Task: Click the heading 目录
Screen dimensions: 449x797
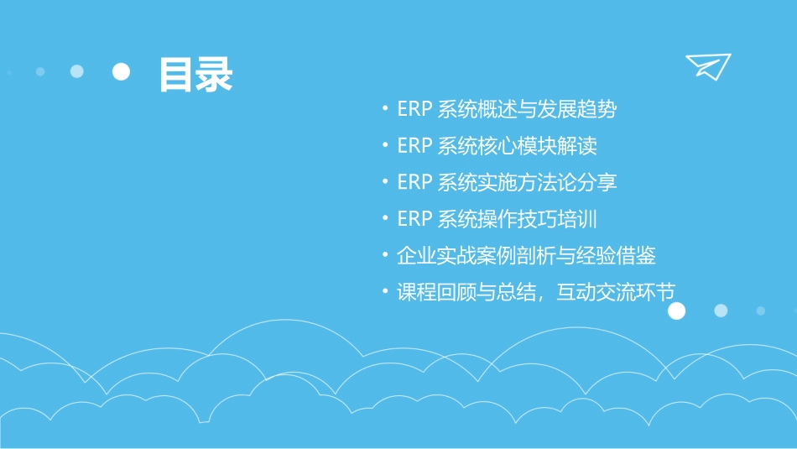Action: pos(195,75)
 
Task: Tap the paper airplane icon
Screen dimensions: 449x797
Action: pos(708,65)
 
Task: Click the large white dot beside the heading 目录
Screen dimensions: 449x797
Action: pos(122,72)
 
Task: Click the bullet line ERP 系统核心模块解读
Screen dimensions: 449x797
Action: pos(497,146)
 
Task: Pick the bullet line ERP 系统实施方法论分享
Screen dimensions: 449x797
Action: pos(508,182)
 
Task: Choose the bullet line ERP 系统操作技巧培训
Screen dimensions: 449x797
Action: pos(497,219)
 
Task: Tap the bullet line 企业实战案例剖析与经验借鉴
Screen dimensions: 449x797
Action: pos(527,255)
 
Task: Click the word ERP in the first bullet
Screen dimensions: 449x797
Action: pos(414,109)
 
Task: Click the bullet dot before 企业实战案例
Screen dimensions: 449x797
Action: pos(384,255)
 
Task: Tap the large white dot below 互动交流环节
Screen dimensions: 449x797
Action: pos(676,311)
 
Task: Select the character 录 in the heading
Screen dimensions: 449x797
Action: pos(214,75)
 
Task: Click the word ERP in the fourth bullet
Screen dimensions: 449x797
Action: pos(414,219)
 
